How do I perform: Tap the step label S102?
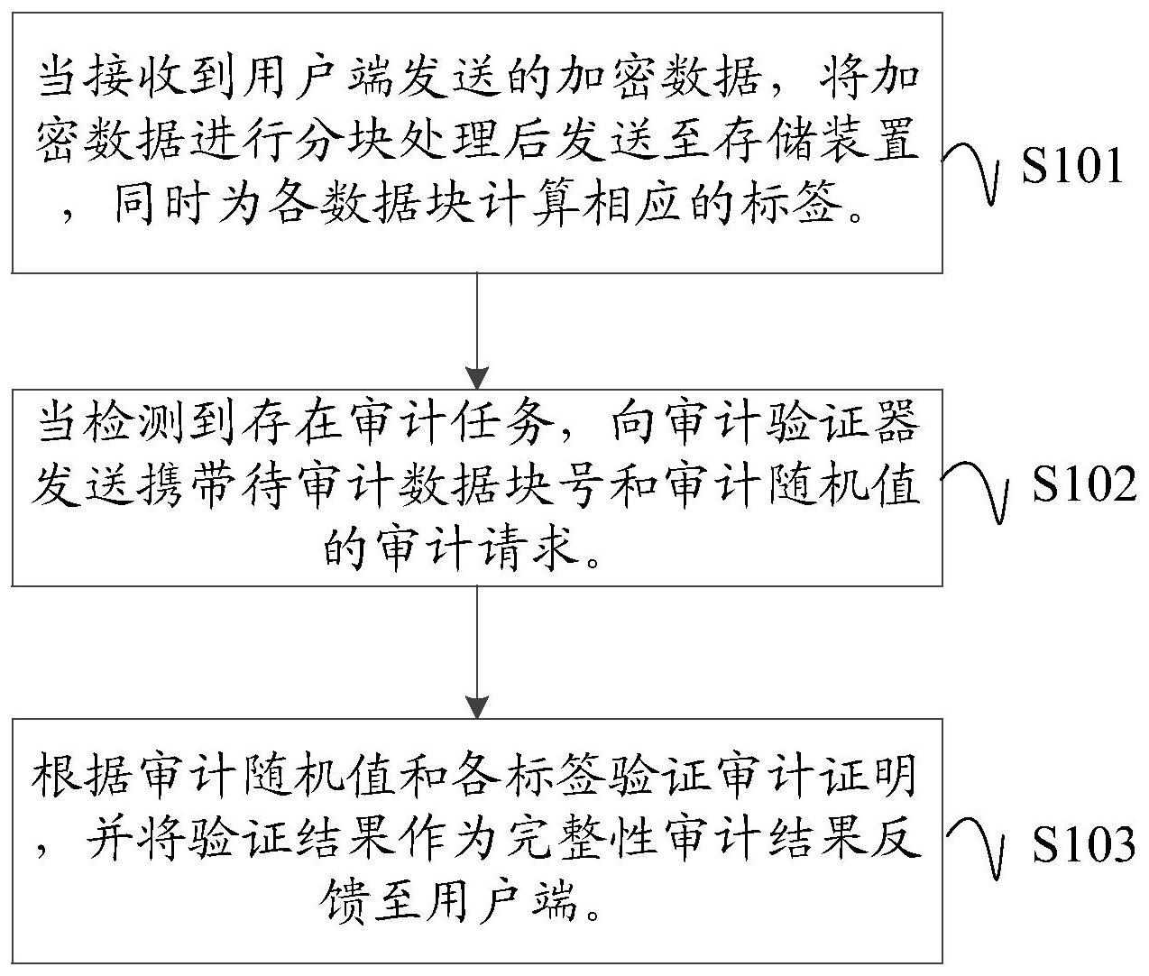pyautogui.click(x=1084, y=483)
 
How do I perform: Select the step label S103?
pyautogui.click(x=1084, y=843)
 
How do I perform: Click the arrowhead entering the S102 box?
pyautogui.click(x=477, y=378)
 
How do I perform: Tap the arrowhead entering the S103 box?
pyautogui.click(x=477, y=707)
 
